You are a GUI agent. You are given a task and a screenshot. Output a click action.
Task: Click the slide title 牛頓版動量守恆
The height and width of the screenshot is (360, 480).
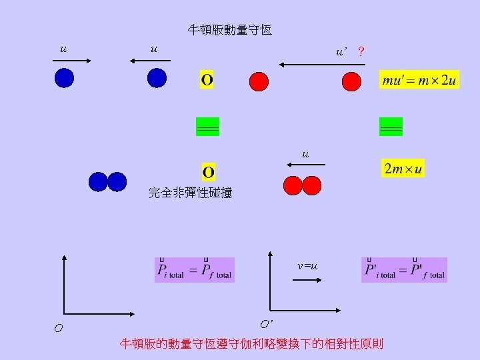coord(229,30)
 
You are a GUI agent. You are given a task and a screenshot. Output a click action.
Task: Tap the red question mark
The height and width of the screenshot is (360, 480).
coord(361,51)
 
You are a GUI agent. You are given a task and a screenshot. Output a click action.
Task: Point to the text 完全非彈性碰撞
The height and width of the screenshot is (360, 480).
coord(190,193)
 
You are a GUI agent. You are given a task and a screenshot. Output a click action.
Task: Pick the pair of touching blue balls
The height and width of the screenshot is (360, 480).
coord(107,182)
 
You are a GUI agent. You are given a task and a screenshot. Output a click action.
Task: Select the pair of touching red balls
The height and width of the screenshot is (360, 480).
coord(302,185)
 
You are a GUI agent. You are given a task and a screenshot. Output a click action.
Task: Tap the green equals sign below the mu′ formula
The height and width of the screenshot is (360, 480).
coord(391,127)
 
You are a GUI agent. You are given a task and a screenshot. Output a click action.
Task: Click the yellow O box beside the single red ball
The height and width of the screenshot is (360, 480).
coord(207,81)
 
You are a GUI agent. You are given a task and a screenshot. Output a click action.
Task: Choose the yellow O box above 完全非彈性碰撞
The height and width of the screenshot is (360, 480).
coord(209,173)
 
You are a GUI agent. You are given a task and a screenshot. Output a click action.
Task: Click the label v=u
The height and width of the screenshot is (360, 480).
coord(307,267)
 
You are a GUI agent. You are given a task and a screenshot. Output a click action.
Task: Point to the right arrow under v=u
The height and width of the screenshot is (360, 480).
coord(307,281)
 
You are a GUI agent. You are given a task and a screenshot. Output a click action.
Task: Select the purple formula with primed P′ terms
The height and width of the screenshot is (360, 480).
coord(404,270)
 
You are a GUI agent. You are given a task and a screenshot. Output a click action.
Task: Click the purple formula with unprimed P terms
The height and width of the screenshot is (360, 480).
coord(195,270)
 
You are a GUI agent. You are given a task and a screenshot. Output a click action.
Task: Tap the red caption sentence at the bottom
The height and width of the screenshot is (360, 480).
coord(251,344)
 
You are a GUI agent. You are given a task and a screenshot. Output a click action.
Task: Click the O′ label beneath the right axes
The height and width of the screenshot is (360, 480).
coord(266,325)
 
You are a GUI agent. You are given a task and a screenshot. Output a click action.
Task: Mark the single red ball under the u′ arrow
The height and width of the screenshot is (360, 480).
coord(351,81)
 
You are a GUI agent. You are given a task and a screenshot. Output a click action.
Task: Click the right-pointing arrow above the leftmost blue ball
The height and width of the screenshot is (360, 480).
coord(73,61)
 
